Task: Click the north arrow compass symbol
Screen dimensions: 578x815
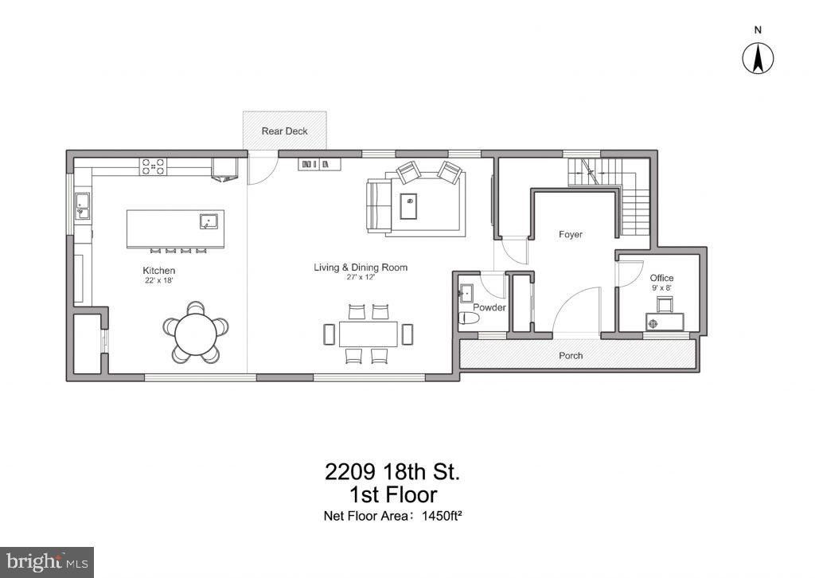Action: click(x=758, y=57)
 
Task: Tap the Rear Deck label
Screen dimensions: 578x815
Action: click(x=284, y=131)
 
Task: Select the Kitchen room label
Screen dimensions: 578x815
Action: click(x=158, y=271)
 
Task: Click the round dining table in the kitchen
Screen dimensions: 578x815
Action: click(x=196, y=328)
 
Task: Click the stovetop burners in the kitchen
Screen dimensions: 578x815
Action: click(x=153, y=166)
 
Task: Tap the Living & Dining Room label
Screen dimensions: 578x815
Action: click(x=360, y=268)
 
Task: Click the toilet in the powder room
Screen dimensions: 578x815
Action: click(x=470, y=318)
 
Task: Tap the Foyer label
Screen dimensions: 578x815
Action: click(x=570, y=235)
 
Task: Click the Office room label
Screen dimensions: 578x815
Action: click(x=661, y=278)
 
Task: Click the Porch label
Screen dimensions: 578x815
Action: click(x=571, y=355)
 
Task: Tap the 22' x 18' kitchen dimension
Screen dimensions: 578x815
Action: click(x=158, y=281)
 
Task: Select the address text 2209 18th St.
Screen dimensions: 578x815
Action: click(x=392, y=471)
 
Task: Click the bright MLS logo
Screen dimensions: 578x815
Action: click(x=46, y=561)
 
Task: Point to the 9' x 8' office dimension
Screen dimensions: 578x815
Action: click(x=661, y=288)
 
